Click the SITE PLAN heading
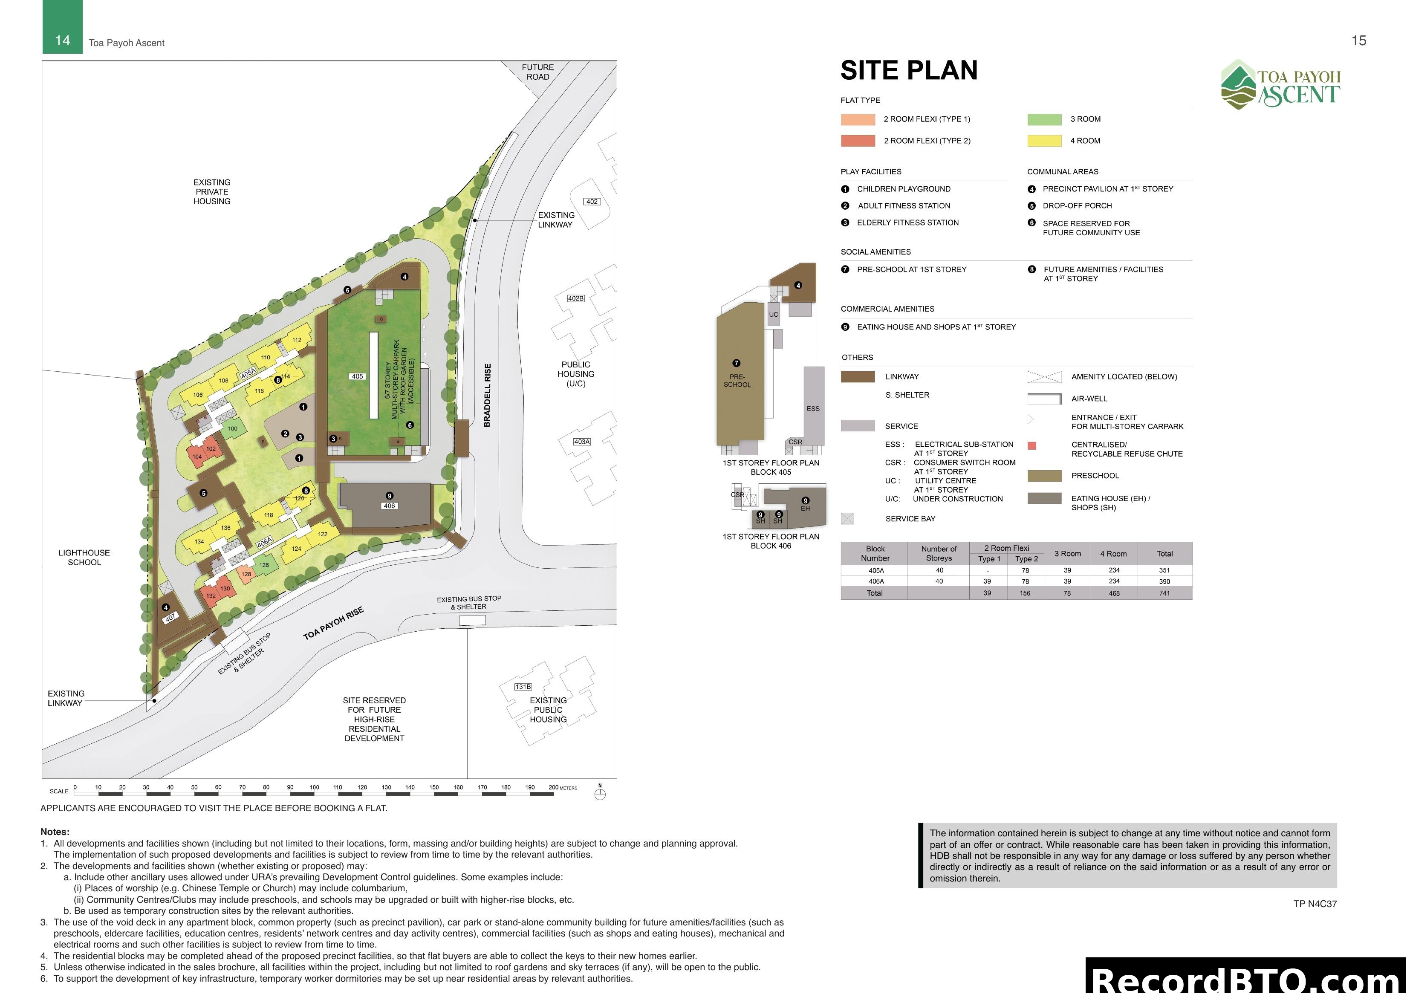[x=908, y=71]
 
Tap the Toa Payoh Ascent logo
[x=1280, y=85]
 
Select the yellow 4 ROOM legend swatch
[x=1044, y=141]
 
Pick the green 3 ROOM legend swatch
[x=1044, y=119]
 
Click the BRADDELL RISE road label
[x=488, y=395]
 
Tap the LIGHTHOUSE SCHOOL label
[x=84, y=557]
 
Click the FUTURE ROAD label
[x=537, y=72]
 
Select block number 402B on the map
[x=575, y=298]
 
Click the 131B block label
[x=523, y=687]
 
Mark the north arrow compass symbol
[x=600, y=793]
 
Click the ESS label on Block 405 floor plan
[x=813, y=408]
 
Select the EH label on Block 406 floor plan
[x=805, y=509]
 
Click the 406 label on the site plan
[x=389, y=506]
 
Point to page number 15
[x=1358, y=40]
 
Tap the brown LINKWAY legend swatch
[x=857, y=376]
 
